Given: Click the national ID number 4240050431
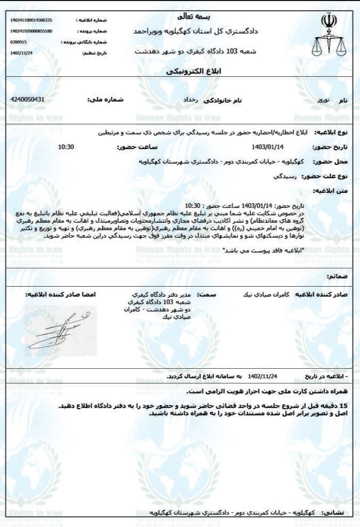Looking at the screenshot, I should click(28, 100).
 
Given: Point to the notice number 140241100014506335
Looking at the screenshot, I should click(31, 20).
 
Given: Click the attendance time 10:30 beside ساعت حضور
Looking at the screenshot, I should click(66, 147).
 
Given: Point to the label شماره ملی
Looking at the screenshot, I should click(104, 100).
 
